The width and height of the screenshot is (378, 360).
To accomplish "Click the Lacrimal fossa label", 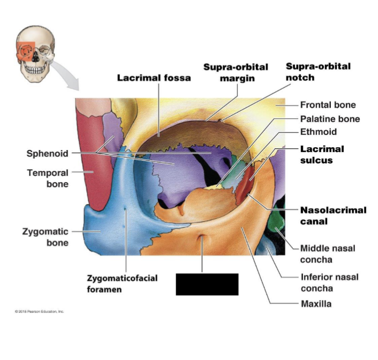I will coord(154,78).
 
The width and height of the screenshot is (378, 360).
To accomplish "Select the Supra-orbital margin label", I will coord(236,72).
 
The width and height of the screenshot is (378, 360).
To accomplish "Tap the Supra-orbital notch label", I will coord(318,72).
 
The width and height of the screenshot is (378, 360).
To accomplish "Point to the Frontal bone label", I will coord(328,105).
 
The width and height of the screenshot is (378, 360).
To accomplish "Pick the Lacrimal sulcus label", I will coord(322,154).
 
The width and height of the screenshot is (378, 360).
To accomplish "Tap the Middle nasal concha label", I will coord(327,254).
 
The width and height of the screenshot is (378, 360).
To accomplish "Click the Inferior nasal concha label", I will coord(329,282).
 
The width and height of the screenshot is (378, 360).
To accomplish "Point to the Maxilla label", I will coord(315,304).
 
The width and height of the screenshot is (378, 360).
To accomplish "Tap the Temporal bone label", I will coord(48,178).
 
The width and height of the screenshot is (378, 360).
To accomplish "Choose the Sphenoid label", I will coord(47,154).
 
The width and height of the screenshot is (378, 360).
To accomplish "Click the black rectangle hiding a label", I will coord(207,284).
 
